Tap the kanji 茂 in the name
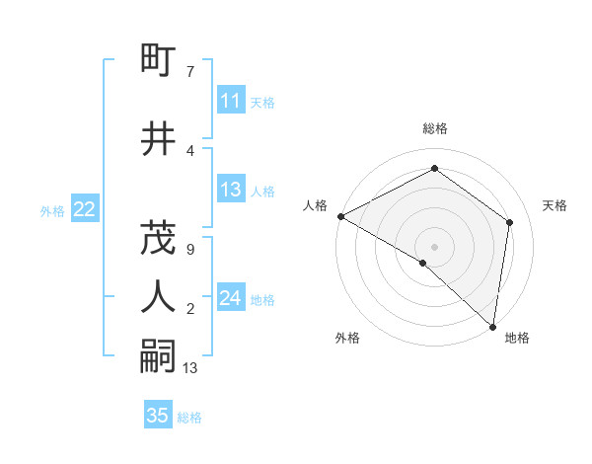[x=158, y=237]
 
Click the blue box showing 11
[x=230, y=101]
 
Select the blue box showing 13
[x=230, y=190]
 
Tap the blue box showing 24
[x=230, y=298]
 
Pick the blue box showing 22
[x=84, y=209]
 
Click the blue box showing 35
[x=158, y=416]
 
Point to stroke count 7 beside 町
[x=189, y=72]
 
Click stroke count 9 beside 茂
[x=189, y=250]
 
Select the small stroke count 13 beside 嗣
[x=190, y=368]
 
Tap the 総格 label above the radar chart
[x=435, y=128]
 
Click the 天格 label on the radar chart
[x=555, y=205]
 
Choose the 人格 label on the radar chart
[x=316, y=205]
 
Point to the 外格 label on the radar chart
[x=347, y=339]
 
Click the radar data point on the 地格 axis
[x=492, y=326]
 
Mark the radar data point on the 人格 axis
[x=340, y=216]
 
